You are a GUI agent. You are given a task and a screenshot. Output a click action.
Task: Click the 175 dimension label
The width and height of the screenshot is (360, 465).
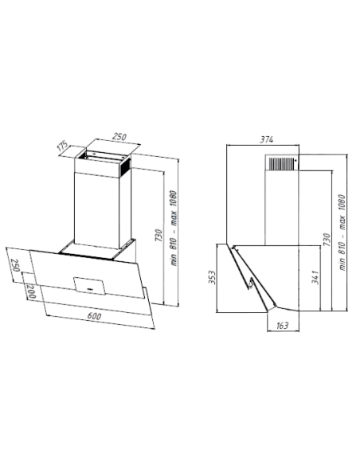[63, 147]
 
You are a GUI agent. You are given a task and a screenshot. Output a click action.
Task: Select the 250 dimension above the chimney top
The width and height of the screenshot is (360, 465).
[119, 137]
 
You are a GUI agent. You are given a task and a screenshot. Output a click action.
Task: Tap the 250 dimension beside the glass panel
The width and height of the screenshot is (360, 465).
[15, 265]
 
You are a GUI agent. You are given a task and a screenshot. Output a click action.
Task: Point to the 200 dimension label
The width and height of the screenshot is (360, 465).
[31, 291]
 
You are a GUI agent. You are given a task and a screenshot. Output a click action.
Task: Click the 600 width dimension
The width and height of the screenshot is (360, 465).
[94, 316]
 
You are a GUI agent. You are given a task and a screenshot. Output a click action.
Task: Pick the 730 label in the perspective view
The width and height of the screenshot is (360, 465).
[159, 235]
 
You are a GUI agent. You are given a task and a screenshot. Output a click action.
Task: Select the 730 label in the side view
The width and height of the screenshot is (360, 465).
[327, 240]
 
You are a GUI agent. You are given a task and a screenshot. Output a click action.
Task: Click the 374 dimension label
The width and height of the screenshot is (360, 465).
[266, 139]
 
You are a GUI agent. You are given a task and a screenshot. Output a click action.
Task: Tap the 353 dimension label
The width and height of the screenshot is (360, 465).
[212, 277]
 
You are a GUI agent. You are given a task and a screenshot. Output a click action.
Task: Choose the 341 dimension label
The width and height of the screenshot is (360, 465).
[315, 277]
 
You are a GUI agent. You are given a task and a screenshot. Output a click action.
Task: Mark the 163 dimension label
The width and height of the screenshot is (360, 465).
[282, 326]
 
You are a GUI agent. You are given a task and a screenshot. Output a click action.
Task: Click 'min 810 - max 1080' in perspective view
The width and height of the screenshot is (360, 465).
[174, 228]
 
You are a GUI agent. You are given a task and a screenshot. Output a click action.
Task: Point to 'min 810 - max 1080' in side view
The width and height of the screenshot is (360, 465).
[342, 232]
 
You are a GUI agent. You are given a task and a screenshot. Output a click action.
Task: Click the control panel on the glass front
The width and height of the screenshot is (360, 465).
[89, 286]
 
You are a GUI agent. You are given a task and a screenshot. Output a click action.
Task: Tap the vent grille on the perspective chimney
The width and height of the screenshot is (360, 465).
[125, 166]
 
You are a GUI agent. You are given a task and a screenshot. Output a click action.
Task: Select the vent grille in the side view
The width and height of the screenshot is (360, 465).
[281, 164]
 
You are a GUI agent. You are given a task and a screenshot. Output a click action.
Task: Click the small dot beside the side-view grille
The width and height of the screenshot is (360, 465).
[295, 160]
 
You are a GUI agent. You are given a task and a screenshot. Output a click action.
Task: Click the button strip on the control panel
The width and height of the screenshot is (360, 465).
[91, 287]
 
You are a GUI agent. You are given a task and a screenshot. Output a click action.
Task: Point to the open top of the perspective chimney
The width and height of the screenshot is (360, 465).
[104, 157]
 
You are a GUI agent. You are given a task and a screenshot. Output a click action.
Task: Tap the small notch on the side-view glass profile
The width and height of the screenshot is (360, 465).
[251, 283]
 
